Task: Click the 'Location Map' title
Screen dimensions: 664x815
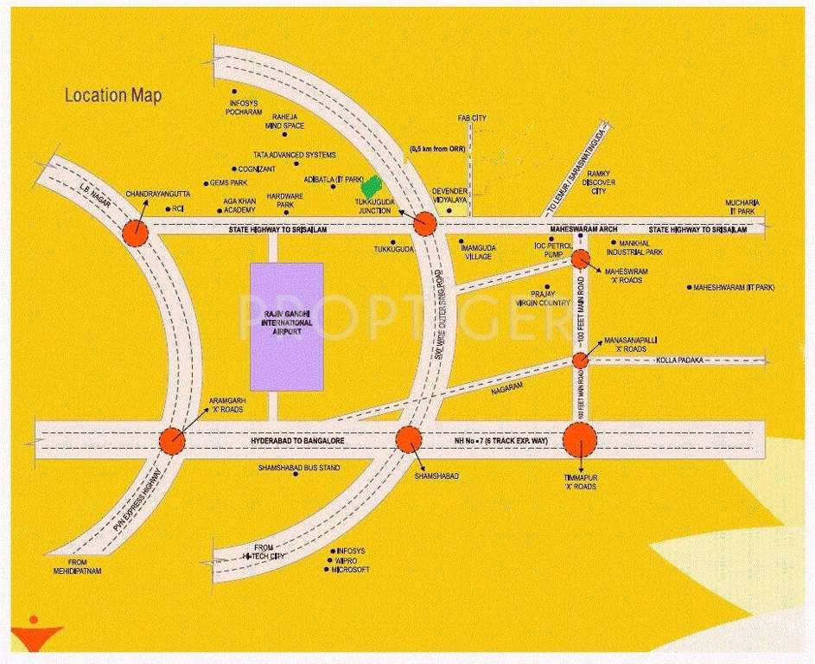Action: [x=113, y=95]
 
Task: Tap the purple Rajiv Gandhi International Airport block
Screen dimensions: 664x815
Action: [x=286, y=327]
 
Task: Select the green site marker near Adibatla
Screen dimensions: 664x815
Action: [x=372, y=186]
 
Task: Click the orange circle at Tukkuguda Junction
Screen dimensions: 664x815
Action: [x=423, y=224]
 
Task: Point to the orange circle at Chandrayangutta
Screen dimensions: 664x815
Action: [x=135, y=232]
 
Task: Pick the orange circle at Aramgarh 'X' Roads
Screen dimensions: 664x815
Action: [x=172, y=441]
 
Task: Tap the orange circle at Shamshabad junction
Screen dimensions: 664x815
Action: [x=408, y=439]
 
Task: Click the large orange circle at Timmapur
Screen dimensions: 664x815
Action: [x=580, y=440]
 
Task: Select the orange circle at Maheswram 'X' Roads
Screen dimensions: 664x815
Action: [x=580, y=259]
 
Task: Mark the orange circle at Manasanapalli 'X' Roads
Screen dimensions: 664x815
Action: [x=581, y=360]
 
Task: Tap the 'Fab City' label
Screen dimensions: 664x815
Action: [x=472, y=118]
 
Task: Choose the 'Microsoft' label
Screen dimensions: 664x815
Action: [x=351, y=570]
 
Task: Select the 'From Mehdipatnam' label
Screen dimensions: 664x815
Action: [x=77, y=567]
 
